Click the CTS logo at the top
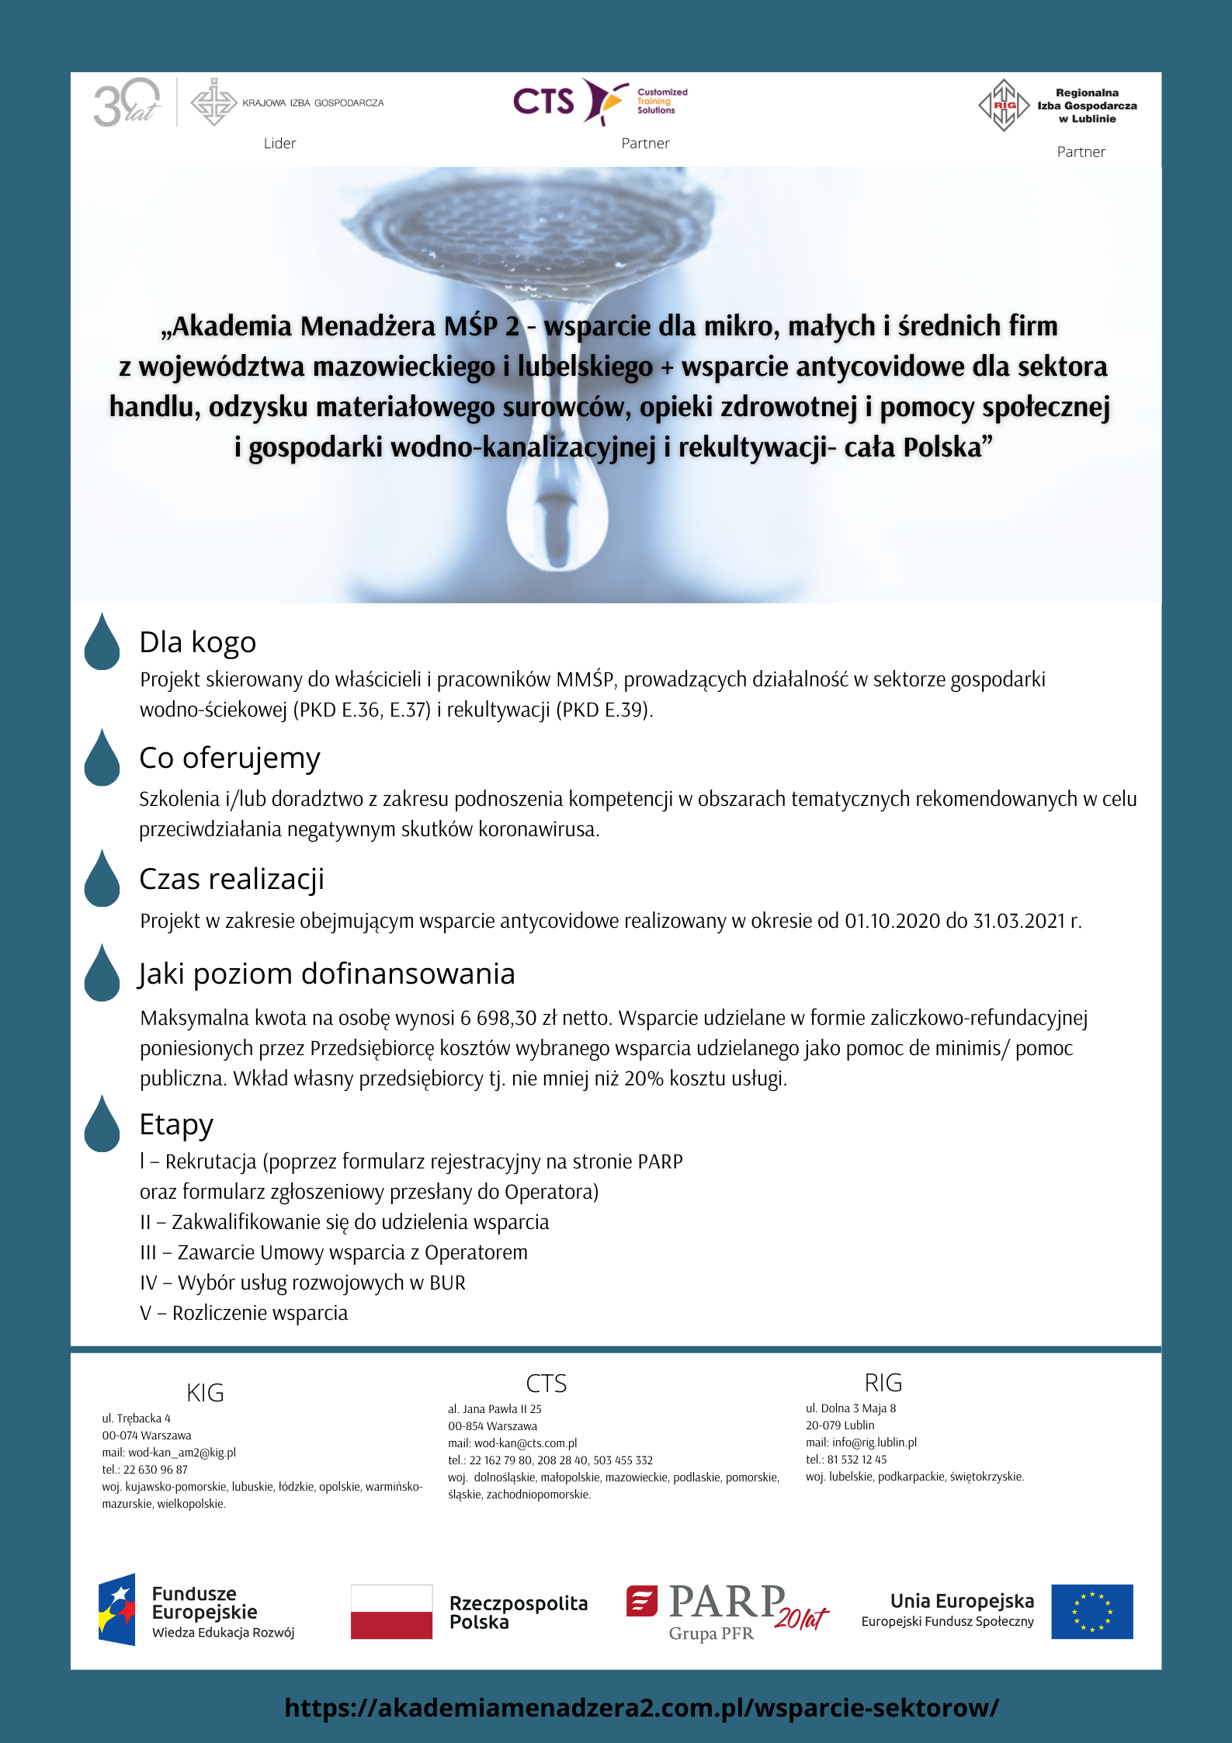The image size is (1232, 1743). click(599, 102)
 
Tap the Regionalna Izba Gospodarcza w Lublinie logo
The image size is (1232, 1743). click(1057, 106)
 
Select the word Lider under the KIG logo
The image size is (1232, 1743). click(279, 144)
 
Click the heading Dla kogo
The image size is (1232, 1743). click(197, 643)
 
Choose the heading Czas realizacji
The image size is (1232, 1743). click(231, 880)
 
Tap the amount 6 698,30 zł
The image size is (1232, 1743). click(508, 1019)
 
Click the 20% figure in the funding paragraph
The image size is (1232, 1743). click(644, 1079)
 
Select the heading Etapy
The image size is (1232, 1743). click(176, 1125)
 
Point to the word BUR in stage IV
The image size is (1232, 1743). click(447, 1283)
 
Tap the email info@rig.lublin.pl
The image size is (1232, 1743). click(874, 1443)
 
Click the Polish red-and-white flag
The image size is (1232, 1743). click(391, 1612)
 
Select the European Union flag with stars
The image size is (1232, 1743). click(1091, 1612)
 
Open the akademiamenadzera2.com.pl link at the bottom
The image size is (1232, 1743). click(641, 1708)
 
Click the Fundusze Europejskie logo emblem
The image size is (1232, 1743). click(117, 1610)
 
